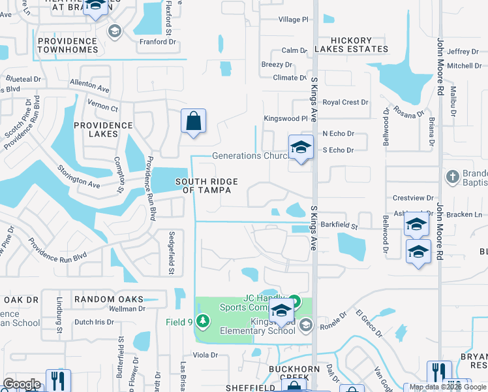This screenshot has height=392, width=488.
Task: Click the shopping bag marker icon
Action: (193, 122)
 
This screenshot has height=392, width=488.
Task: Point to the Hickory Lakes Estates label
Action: (351, 44)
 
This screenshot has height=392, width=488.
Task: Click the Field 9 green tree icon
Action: (204, 320)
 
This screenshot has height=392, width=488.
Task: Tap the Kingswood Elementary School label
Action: (273, 326)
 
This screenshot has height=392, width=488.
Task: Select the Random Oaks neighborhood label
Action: (108, 299)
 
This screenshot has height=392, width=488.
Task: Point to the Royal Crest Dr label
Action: (346, 103)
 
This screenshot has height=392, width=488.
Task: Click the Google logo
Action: (22, 384)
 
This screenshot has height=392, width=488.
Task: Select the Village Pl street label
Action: (293, 20)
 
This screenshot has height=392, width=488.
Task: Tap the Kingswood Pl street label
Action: (285, 119)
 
